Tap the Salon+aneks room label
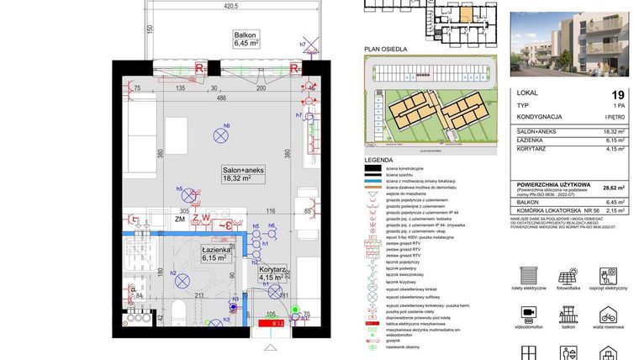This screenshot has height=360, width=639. pos(243,173)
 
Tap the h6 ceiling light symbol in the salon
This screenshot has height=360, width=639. pos(223,131)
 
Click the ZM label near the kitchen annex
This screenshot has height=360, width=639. pos(179,219)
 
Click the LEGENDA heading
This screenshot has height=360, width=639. pos(379,159)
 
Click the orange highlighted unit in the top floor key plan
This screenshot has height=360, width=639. pos(464,13)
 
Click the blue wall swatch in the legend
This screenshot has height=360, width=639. pos(372,181)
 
